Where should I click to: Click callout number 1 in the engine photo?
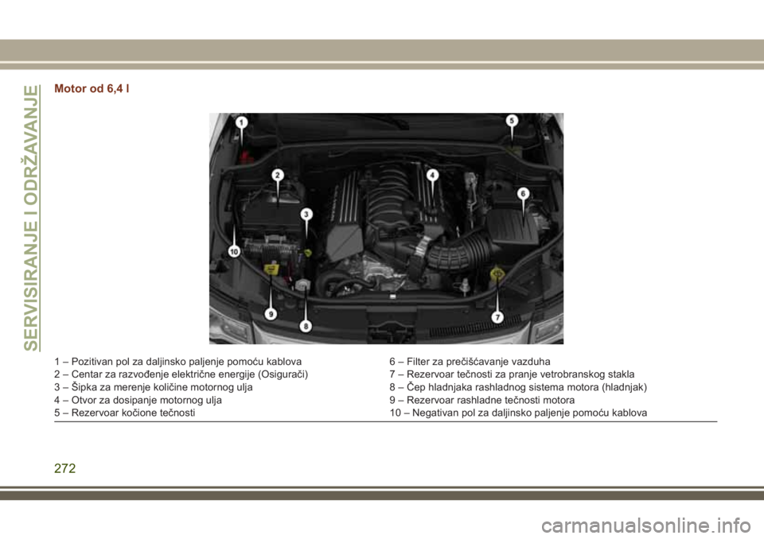[242, 122]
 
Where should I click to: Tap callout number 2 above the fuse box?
[278, 175]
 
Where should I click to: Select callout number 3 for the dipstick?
[306, 214]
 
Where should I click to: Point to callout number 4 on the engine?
[432, 175]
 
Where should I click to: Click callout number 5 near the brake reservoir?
[512, 120]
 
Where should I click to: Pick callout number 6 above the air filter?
[524, 193]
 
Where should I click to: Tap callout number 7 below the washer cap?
[497, 317]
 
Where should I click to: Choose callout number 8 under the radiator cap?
[306, 325]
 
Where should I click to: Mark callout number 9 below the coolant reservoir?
[271, 314]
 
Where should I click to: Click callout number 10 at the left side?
[234, 252]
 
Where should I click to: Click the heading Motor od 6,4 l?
[92, 88]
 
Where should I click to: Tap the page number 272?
[65, 468]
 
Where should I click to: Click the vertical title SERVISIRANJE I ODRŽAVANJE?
[31, 218]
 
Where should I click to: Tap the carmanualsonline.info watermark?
[645, 525]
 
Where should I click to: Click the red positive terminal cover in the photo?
[246, 157]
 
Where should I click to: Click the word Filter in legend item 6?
[417, 362]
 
